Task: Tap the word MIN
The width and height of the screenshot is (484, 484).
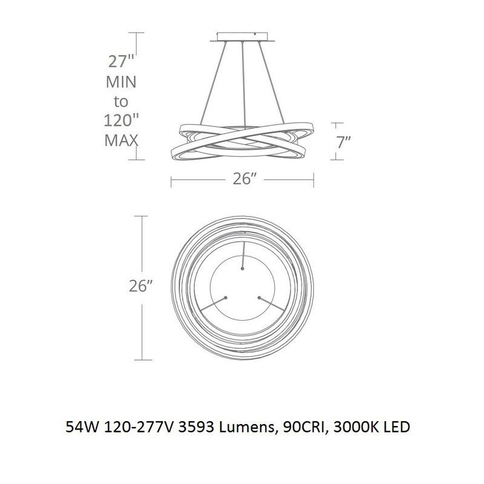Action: coord(121,82)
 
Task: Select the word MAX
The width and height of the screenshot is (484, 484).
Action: coord(121,140)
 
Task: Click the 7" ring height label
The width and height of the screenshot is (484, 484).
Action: coord(344,142)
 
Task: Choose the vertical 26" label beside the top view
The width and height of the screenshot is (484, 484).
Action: coord(141,286)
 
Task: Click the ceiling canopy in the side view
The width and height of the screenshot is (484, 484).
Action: coord(243,37)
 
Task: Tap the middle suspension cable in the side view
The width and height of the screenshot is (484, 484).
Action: coord(244,84)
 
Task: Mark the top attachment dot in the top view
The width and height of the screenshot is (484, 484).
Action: coord(243,269)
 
